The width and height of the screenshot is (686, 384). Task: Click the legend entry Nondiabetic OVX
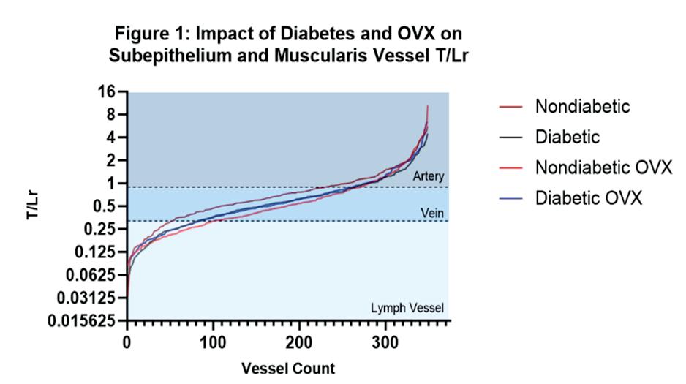coord(603,167)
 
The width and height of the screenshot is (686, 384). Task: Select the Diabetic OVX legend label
coord(588,198)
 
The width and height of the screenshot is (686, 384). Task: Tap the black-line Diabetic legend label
coord(567,137)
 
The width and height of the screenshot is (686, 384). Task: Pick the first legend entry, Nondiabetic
coord(582,106)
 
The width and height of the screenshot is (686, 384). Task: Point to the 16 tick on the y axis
coord(108,91)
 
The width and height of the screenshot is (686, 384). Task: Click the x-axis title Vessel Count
coord(288,368)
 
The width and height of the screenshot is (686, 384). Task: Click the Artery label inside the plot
coord(428,177)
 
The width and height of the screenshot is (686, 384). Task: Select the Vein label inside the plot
coord(432,211)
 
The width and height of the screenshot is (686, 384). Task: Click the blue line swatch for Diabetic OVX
coord(509,198)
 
